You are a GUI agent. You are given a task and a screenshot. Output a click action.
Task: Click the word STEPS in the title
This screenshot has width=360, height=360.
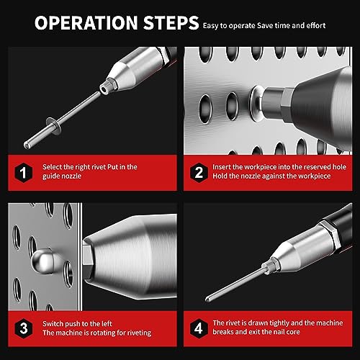point(165,24)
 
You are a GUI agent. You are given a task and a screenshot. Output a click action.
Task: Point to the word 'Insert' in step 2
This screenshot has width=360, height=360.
point(224,166)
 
